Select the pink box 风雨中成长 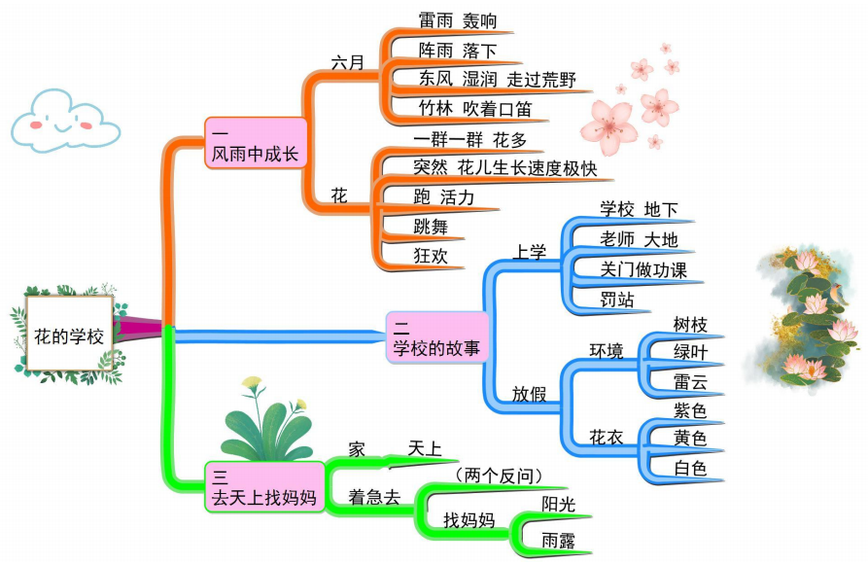255,143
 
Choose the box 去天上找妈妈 263,487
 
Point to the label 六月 347,63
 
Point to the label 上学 530,253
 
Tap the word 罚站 617,300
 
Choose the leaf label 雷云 690,380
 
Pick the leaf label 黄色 690,439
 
